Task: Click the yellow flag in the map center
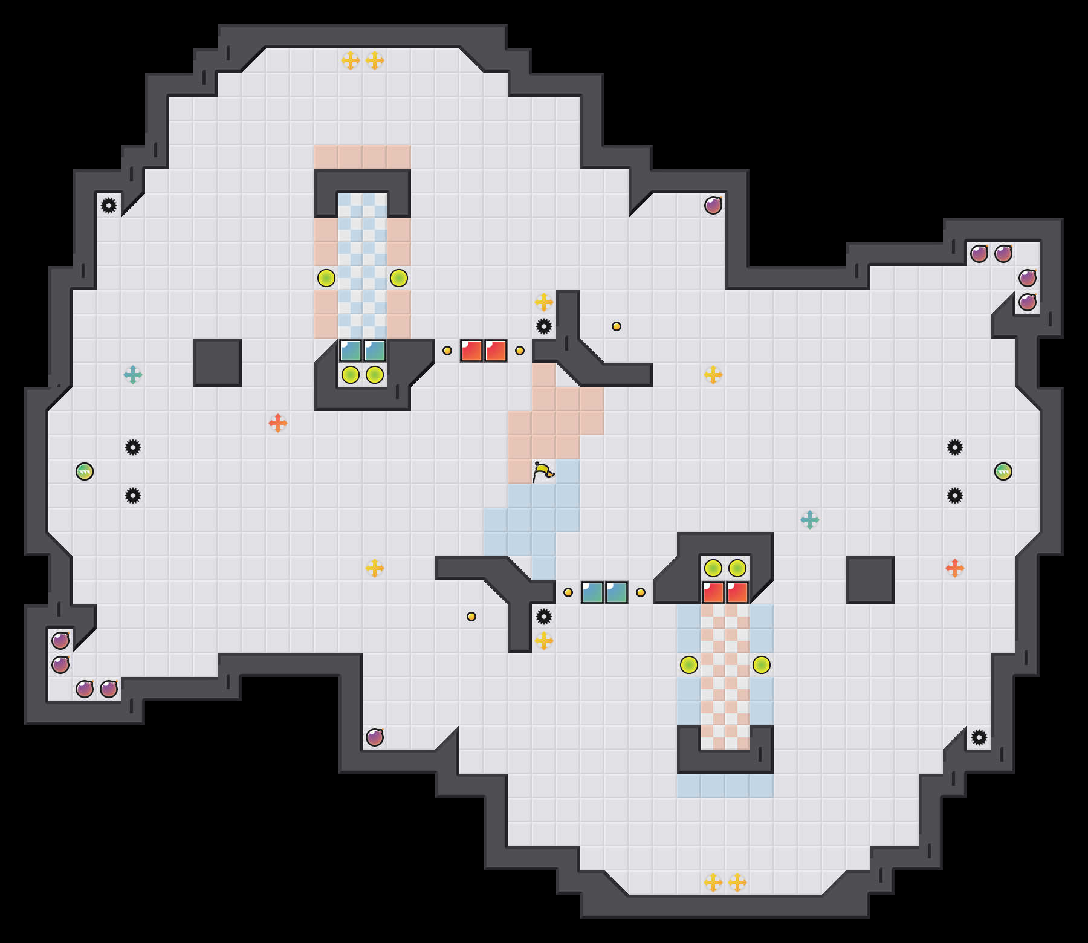[x=543, y=471]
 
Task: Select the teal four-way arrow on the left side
[x=133, y=375]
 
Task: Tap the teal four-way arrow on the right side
[x=810, y=520]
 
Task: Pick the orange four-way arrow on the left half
[x=278, y=423]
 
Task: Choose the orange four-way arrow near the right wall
[x=955, y=568]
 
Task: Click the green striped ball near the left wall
[x=85, y=471]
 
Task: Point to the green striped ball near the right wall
[x=1003, y=471]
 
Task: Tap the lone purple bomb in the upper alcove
[x=713, y=206]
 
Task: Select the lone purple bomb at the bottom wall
[x=375, y=737]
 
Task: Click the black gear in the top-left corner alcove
[x=109, y=206]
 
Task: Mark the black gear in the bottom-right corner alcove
[x=979, y=737]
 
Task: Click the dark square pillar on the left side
[x=218, y=363]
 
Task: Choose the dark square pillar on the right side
[x=870, y=580]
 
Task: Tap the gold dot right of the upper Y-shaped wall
[x=617, y=326]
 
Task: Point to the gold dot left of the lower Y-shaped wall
[x=471, y=617]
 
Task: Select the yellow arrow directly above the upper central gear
[x=544, y=302]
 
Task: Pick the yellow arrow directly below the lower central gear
[x=544, y=641]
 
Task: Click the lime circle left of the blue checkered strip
[x=326, y=278]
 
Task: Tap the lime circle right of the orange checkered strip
[x=762, y=665]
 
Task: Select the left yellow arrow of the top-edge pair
[x=351, y=60]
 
